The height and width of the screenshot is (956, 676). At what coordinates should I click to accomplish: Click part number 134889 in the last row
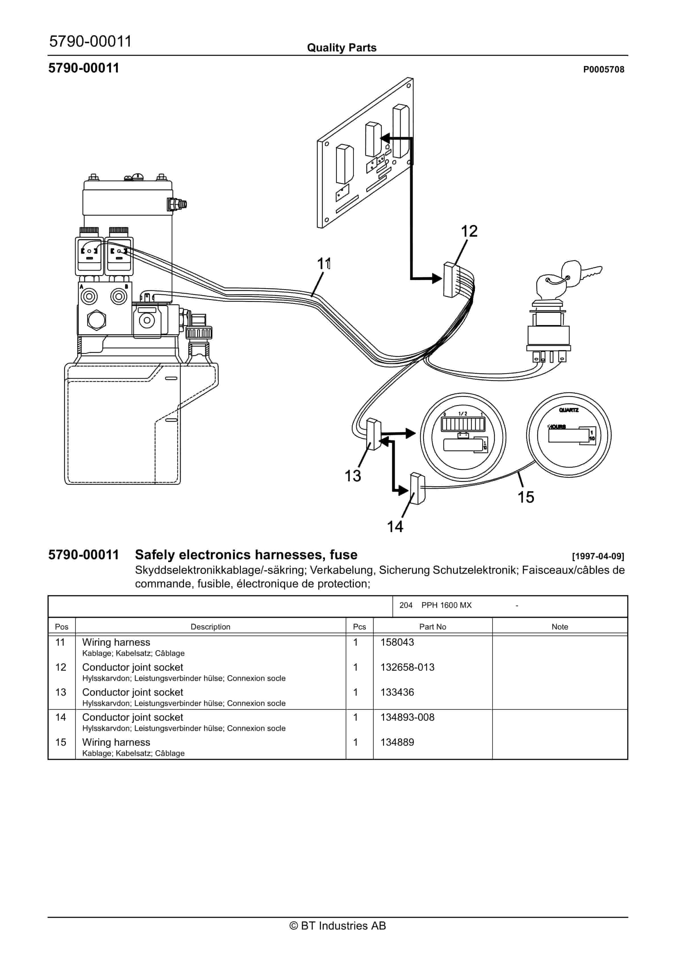[x=397, y=742]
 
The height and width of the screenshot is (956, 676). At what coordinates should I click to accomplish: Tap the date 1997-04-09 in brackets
[x=598, y=556]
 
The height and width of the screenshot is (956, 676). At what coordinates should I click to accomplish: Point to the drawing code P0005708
[x=603, y=70]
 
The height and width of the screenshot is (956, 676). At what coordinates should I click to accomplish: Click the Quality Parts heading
[x=341, y=48]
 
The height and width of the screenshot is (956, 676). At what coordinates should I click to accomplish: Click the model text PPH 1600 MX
[x=446, y=605]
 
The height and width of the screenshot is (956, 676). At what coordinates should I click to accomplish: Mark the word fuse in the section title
[x=343, y=555]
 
